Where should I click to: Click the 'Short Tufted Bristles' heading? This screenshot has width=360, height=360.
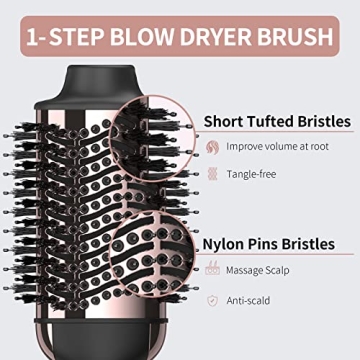pos(277,121)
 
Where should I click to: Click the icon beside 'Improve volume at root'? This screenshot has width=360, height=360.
pos(212,146)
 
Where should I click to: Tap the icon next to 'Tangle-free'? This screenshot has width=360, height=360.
pos(212,173)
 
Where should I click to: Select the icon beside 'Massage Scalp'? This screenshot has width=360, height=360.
pos(212,270)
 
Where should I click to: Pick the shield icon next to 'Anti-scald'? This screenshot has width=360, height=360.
pos(212,299)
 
